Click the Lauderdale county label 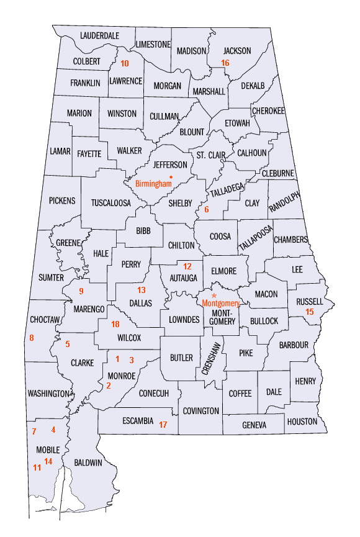99,36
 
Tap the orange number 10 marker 125,63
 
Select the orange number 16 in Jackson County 225,63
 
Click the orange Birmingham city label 153,184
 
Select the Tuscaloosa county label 111,202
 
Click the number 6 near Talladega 207,210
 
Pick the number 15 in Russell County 310,312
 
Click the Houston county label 302,421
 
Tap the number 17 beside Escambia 163,425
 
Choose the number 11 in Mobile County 37,467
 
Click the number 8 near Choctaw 32,338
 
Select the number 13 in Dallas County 142,290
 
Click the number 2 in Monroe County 109,386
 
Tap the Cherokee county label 268,111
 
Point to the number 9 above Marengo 81,291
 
